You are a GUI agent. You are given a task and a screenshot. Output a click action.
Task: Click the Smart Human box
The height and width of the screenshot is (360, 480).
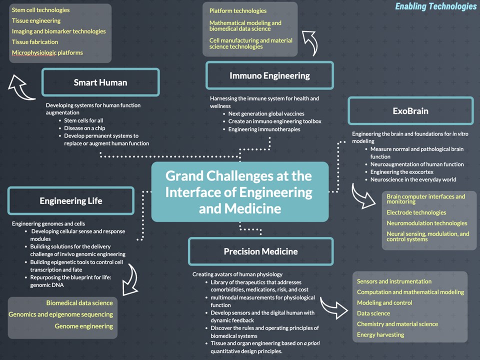(x=100, y=82)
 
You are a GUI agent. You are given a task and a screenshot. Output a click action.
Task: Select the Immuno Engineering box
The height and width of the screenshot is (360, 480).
(x=269, y=76)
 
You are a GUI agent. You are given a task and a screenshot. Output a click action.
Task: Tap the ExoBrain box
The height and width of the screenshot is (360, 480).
(x=410, y=111)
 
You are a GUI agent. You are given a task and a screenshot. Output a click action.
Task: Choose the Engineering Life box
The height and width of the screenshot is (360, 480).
(x=71, y=201)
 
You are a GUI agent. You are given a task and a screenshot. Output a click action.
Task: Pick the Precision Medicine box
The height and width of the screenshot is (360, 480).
(x=260, y=251)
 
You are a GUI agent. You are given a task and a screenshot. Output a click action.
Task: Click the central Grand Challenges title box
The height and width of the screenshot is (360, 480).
(x=240, y=192)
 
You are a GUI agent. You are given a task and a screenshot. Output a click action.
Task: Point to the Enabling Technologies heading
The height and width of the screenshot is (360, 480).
(x=435, y=6)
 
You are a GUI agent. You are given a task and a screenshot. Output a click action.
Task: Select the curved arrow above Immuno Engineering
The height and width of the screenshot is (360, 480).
(x=312, y=42)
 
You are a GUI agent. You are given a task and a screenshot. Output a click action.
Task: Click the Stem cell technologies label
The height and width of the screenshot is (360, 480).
(x=41, y=10)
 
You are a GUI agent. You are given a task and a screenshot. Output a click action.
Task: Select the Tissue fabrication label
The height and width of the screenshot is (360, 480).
(x=35, y=42)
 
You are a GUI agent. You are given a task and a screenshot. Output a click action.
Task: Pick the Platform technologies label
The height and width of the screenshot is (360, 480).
(x=238, y=11)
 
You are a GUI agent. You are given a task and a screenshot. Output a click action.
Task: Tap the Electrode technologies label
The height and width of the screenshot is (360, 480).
(x=416, y=212)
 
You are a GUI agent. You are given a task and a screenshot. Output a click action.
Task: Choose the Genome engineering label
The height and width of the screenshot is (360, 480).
(x=84, y=326)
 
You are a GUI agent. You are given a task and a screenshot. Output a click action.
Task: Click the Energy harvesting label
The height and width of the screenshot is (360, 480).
(x=380, y=334)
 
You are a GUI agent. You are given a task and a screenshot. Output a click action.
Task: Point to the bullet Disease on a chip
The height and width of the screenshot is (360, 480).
(x=84, y=128)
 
